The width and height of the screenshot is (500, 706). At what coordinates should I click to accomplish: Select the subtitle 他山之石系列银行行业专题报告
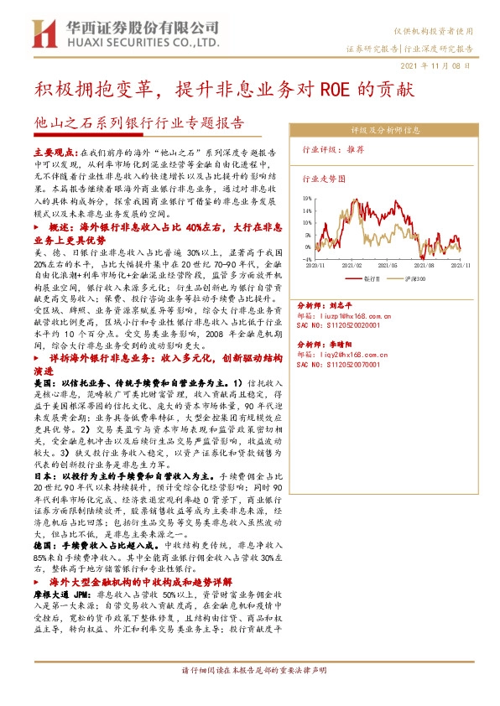[x=138, y=123]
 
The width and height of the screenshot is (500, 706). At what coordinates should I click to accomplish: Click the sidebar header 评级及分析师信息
[x=385, y=131]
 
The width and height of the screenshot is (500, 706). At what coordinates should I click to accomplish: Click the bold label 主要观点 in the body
[x=55, y=154]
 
